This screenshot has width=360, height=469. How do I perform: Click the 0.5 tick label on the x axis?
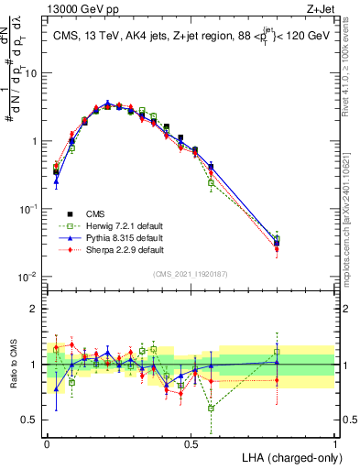click(191, 442)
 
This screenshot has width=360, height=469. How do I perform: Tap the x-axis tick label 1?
click(335, 442)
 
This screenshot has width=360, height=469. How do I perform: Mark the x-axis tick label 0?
click(47, 442)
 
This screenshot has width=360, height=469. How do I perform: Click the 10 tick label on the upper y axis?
click(32, 73)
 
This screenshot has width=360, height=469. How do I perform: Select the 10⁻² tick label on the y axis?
click(30, 277)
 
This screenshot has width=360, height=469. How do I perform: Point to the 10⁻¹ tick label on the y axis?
click(30, 209)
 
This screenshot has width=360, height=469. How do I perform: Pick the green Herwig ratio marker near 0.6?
click(212, 408)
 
